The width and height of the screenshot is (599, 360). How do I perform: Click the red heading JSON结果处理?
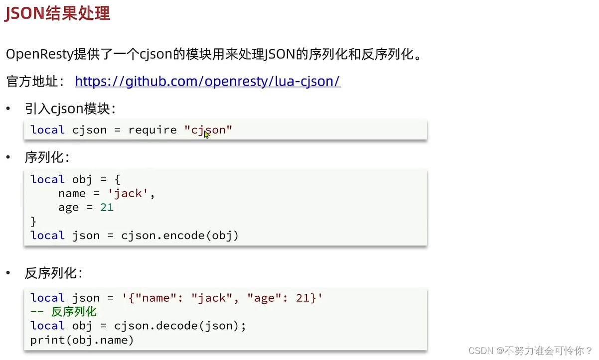[57, 13]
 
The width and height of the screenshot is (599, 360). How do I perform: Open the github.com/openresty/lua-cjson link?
[207, 81]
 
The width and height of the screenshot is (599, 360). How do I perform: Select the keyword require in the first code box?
[152, 130]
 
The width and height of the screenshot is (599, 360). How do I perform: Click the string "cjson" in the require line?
[208, 130]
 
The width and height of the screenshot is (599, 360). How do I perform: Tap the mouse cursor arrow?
[206, 134]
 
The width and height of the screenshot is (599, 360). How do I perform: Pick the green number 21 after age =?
[107, 207]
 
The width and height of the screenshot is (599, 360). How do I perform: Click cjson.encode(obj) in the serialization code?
[180, 235]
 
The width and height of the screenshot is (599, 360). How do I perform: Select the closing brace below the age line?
[33, 221]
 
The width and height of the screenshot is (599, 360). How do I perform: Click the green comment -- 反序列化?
[63, 312]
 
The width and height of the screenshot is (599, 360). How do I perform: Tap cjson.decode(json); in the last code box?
[180, 326]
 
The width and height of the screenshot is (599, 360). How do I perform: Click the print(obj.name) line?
[82, 340]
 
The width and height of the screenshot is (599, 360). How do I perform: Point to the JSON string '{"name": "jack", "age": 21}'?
[222, 298]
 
